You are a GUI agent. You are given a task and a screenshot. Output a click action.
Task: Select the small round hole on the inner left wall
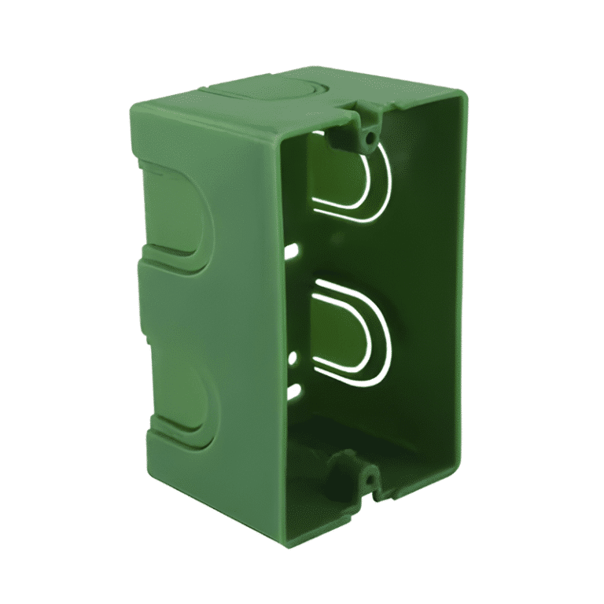[x=293, y=358]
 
